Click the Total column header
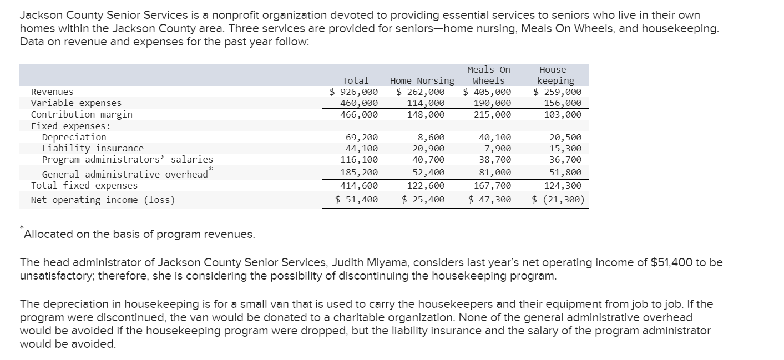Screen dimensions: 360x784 [x=355, y=81]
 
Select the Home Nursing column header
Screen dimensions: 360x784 [x=422, y=81]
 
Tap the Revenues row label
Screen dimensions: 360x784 [x=52, y=92]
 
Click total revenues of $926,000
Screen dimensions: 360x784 [x=353, y=92]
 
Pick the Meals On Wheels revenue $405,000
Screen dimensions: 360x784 [x=487, y=92]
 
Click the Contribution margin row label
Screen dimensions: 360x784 [x=82, y=114]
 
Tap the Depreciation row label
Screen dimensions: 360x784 [x=74, y=137]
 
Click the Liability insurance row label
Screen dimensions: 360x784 [x=93, y=148]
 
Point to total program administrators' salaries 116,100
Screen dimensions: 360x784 [x=359, y=159]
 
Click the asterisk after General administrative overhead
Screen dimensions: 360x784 [x=211, y=168]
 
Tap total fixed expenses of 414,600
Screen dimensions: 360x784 [x=359, y=185]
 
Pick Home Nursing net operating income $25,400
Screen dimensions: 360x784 [x=423, y=200]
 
